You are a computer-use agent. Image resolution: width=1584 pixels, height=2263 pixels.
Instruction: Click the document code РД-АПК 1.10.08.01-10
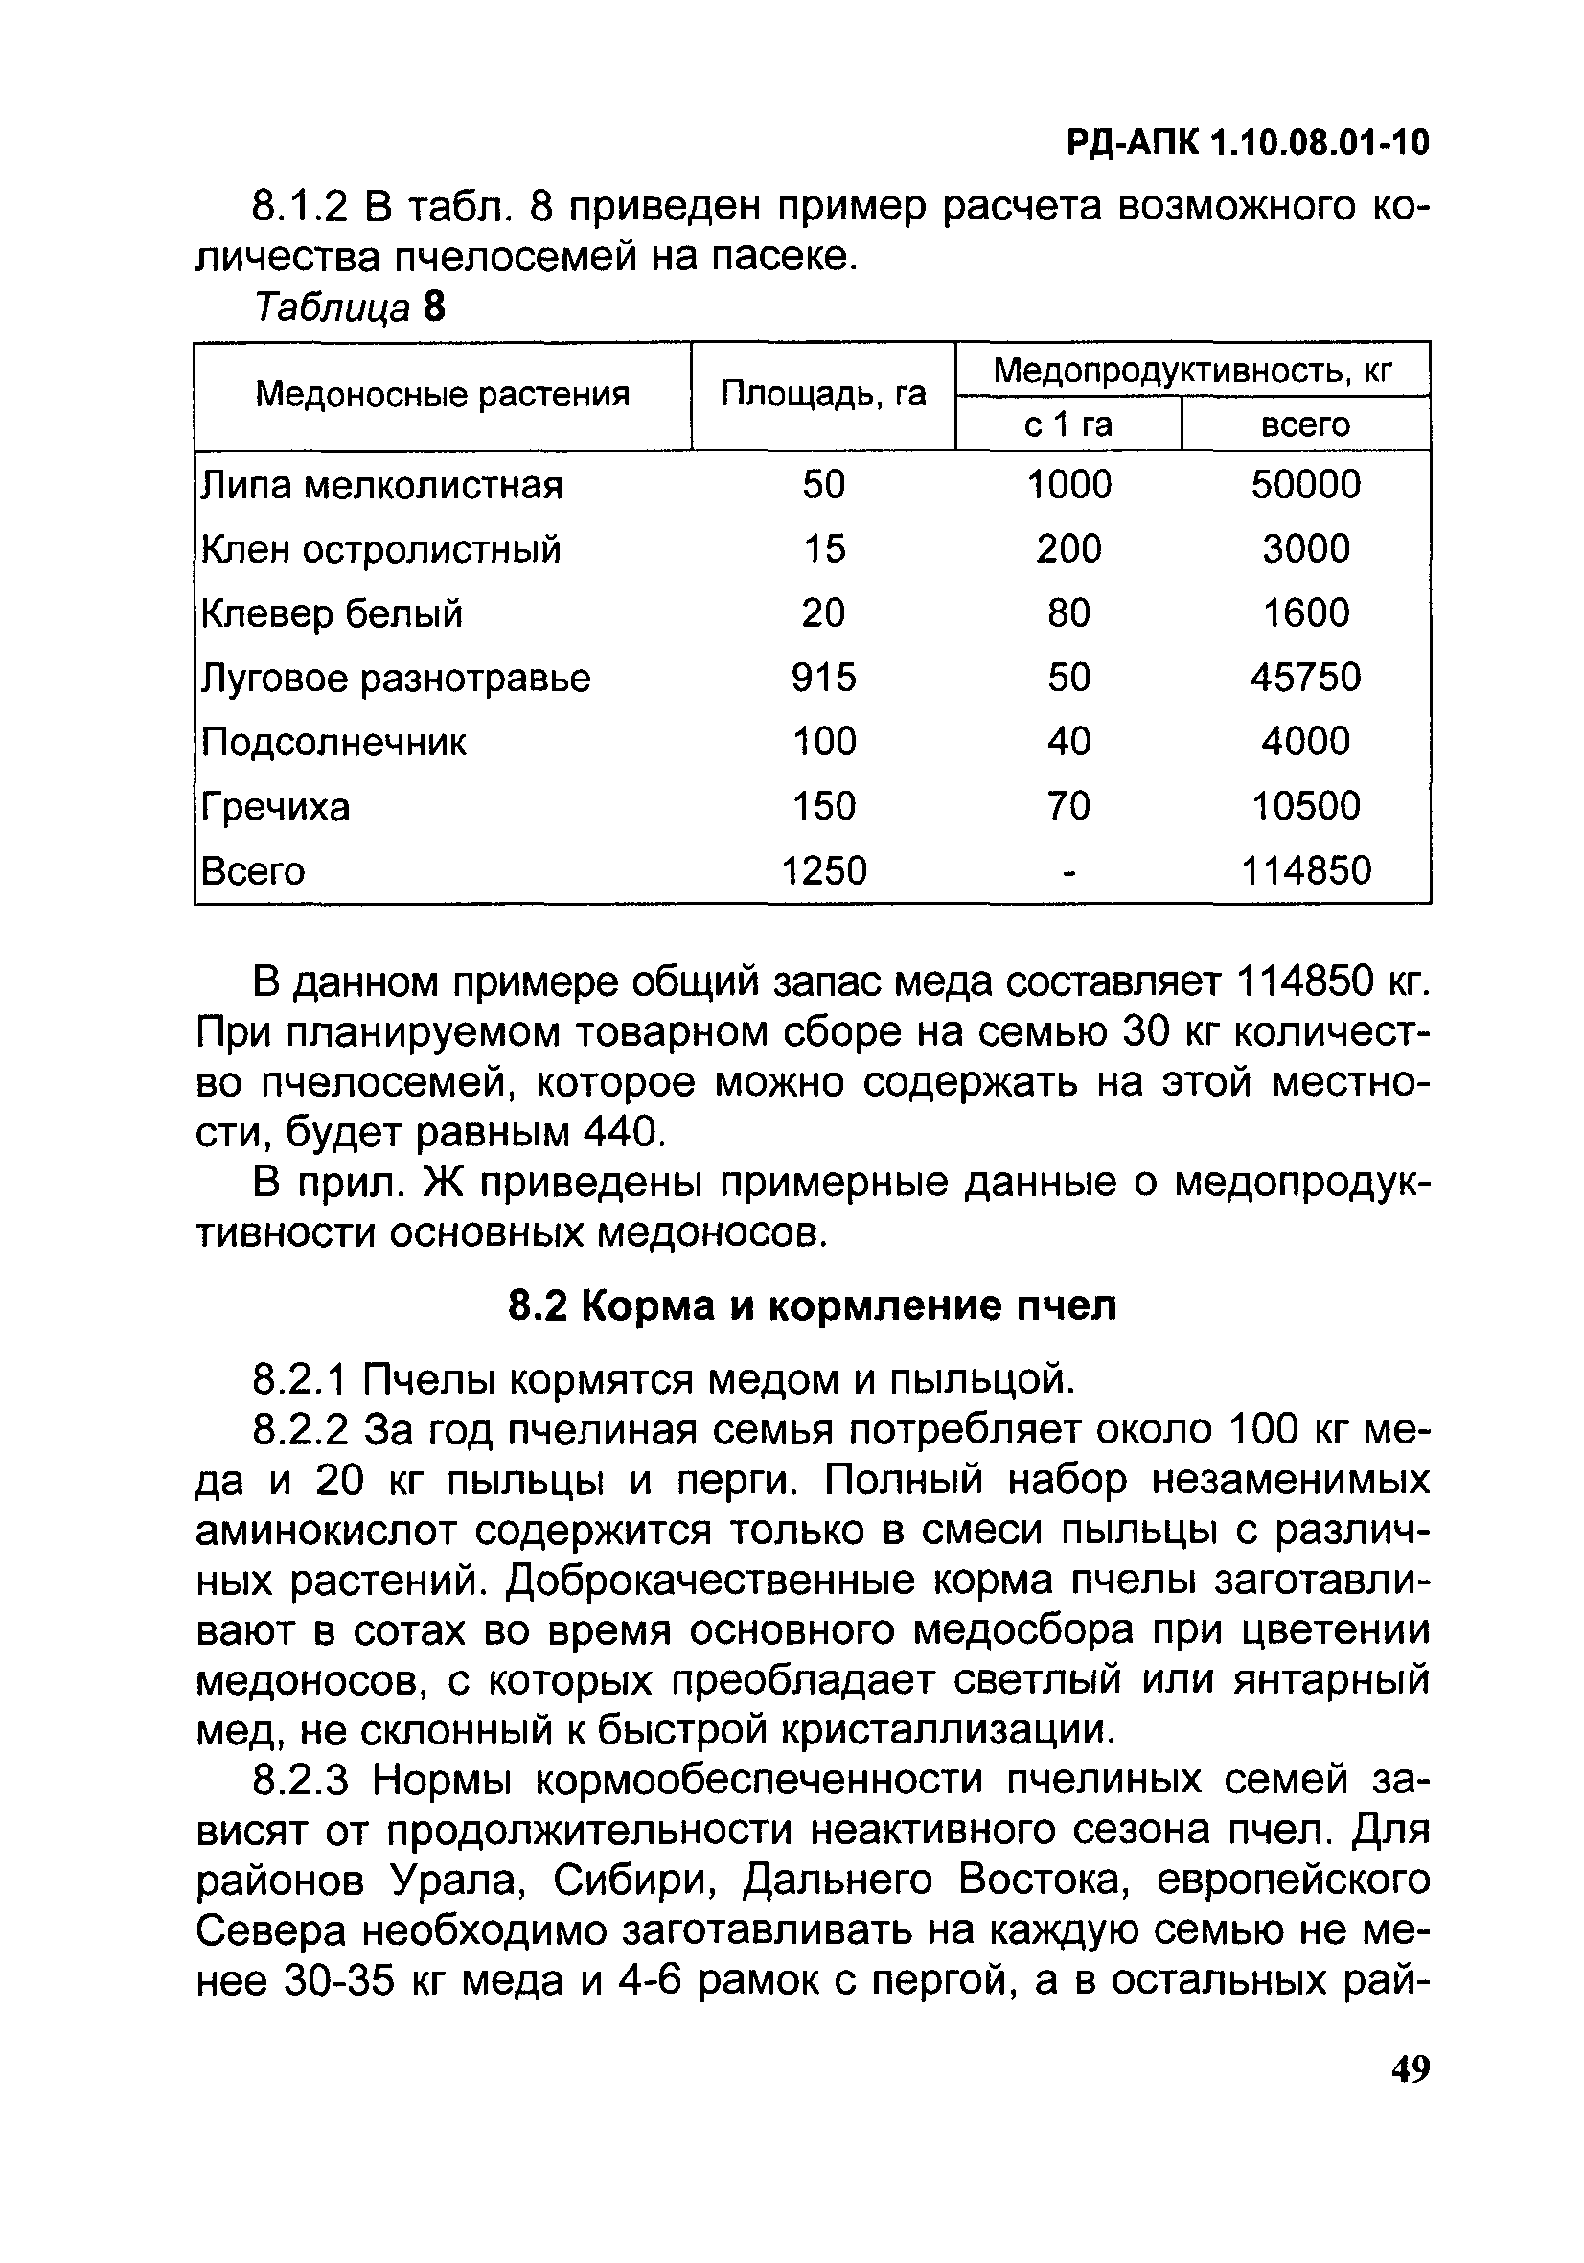tap(1248, 144)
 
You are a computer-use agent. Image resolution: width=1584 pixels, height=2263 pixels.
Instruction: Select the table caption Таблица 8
tap(350, 308)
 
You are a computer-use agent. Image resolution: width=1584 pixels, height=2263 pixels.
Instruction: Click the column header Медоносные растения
tap(442, 395)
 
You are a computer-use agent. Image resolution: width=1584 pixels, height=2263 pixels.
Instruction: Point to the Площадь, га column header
tap(823, 394)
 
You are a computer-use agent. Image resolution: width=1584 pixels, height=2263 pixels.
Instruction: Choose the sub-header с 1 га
tap(1067, 425)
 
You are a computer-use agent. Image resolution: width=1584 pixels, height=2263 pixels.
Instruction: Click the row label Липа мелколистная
tap(381, 485)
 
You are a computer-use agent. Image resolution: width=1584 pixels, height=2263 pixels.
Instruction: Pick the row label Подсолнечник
tap(333, 742)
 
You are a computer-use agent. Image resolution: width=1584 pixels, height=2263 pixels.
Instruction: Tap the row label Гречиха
tap(275, 807)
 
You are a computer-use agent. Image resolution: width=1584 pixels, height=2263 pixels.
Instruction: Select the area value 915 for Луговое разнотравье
tap(824, 677)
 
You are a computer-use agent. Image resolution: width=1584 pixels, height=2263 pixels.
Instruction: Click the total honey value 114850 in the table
tap(1305, 870)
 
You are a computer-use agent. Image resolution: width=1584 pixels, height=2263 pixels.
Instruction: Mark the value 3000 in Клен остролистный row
tap(1305, 549)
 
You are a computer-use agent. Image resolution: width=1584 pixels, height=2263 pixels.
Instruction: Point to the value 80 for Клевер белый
tap(1068, 613)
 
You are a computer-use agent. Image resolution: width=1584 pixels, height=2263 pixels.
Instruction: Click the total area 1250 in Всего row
tap(824, 870)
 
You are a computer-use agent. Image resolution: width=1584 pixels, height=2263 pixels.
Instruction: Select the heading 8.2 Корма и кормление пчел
tap(813, 1306)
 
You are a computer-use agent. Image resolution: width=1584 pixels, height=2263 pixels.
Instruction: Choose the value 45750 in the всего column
tap(1305, 677)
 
